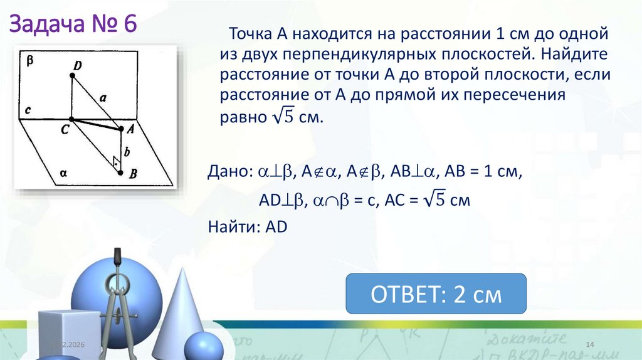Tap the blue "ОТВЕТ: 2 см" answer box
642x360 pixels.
[x=436, y=294]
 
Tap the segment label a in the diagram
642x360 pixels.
[x=103, y=97]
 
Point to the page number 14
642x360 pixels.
[x=589, y=346]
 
